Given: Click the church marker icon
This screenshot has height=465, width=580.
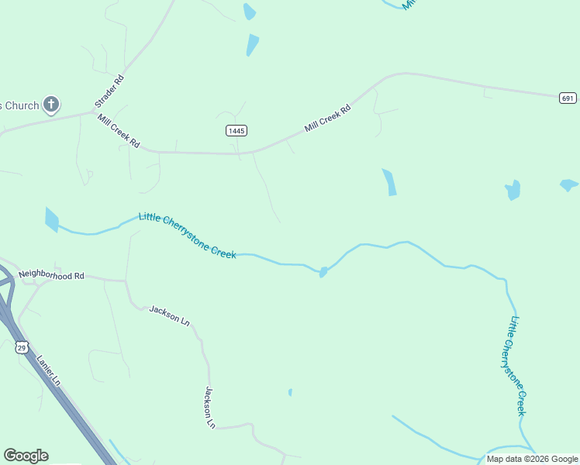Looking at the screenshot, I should [51, 105].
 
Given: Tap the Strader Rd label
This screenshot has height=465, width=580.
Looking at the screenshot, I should [109, 91].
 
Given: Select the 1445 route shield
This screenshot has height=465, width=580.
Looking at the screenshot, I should [236, 131].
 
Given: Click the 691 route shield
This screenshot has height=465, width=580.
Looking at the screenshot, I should [568, 98].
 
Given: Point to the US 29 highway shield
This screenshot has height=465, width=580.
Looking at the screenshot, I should [22, 347].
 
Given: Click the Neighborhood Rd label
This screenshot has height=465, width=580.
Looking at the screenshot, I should [51, 275].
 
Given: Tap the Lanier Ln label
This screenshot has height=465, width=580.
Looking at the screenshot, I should [49, 370].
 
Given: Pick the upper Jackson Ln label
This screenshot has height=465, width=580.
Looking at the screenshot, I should [170, 315].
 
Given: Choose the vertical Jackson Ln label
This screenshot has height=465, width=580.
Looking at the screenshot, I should [209, 408].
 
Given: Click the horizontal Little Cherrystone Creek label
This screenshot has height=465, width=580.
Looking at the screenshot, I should [187, 236].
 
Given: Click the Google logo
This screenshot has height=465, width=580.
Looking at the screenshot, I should [26, 456].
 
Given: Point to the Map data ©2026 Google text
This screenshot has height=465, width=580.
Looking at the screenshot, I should [532, 459].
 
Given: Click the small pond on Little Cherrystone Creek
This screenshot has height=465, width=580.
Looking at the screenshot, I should [323, 272].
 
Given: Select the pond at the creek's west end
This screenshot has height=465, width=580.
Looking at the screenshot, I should [51, 219].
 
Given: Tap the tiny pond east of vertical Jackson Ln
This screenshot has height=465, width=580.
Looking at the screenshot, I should [290, 392].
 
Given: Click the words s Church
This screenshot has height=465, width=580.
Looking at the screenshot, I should [19, 105].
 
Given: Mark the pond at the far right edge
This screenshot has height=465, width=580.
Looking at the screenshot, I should [568, 185].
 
